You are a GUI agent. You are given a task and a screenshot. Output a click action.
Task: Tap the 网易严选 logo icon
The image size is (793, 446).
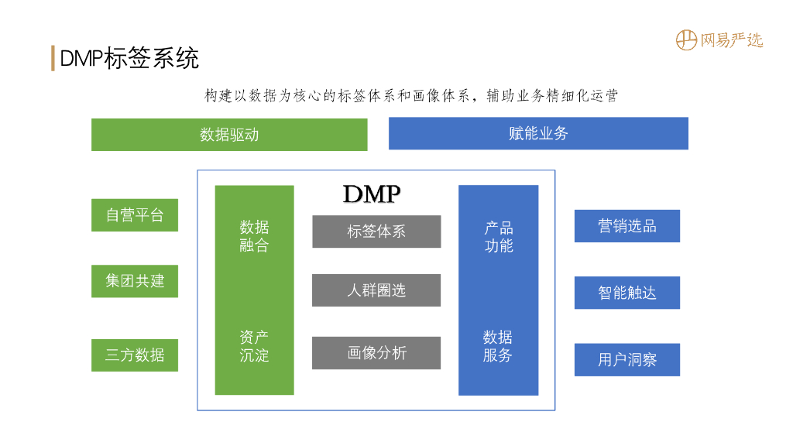coord(686,39)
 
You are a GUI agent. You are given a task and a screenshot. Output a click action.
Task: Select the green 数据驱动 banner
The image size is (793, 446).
coord(229,135)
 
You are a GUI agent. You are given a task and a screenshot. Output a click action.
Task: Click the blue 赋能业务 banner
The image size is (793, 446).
coord(538,133)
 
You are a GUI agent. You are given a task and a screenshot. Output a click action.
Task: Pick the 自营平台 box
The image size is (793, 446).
coord(135,215)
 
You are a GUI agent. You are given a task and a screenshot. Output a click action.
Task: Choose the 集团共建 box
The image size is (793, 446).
coord(135,281)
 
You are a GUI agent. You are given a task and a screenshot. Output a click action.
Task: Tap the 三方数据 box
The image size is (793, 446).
coord(135,355)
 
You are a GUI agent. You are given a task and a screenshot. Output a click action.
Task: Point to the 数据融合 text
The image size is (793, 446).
coord(254,236)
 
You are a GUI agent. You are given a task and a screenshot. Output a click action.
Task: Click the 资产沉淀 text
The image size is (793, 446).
coord(254,346)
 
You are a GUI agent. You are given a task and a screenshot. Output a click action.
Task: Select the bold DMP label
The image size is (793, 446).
coord(372,194)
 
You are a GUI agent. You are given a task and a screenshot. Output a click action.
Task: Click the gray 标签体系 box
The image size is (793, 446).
coord(376,232)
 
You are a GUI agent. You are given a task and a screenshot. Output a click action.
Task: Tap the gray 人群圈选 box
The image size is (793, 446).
coord(376,290)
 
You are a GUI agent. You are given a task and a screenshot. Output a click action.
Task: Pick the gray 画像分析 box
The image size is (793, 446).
coord(376,353)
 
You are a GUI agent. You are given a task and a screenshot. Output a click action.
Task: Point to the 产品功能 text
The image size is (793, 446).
coord(499,237)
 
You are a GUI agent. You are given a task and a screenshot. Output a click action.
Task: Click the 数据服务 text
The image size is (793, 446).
coord(498,346)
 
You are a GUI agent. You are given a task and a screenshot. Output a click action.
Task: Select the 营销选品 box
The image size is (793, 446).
coord(627,226)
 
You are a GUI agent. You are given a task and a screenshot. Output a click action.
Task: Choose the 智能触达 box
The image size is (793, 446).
coord(627,293)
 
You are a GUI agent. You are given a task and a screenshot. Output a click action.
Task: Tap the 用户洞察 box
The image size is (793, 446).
coord(627,360)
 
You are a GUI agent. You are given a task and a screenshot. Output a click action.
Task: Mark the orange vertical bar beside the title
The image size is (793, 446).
coord(53,58)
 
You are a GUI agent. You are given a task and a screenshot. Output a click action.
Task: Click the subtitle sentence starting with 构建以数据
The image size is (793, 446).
coord(410,96)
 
